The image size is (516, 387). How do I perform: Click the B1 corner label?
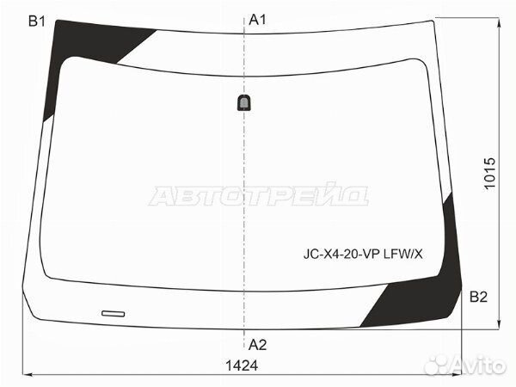[x=37, y=21]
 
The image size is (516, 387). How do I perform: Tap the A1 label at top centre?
[x=257, y=20]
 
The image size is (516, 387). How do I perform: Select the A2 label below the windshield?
[x=257, y=345]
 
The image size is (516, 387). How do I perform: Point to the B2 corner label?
[x=478, y=297]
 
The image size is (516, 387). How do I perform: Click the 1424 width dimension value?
[x=242, y=365]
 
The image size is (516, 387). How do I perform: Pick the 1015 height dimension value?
[x=489, y=173]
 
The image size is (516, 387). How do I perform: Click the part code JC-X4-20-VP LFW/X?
[x=363, y=254]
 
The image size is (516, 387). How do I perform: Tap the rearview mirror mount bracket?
[x=243, y=102]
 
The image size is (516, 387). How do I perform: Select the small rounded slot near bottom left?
[x=114, y=314]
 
